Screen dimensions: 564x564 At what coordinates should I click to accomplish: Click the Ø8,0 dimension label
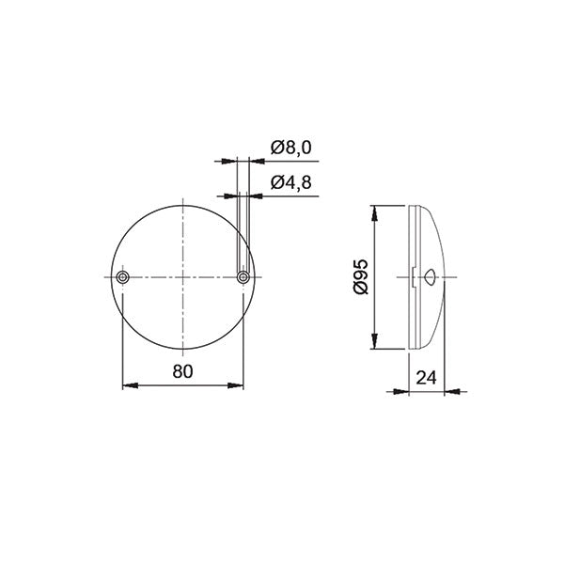[291, 148]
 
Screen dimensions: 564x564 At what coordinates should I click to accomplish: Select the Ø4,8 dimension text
[291, 182]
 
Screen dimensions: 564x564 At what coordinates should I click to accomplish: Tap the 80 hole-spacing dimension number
[182, 371]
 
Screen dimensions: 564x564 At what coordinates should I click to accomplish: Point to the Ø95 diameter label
[361, 276]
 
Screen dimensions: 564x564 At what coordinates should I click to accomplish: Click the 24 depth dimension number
[426, 378]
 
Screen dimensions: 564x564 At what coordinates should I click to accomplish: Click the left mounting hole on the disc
[123, 277]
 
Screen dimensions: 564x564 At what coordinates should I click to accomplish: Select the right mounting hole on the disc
[243, 277]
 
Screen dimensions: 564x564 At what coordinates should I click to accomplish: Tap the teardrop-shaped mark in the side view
[430, 276]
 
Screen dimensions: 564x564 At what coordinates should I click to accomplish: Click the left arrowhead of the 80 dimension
[131, 385]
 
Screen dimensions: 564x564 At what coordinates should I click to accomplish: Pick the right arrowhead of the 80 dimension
[236, 385]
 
